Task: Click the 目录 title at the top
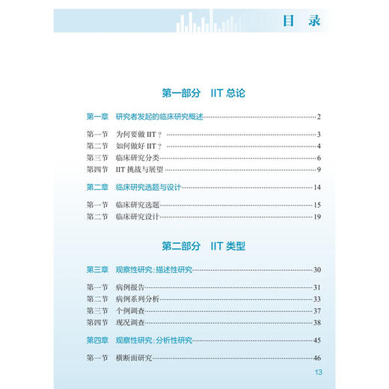[301, 20]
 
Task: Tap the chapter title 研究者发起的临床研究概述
[159, 117]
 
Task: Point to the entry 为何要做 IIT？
[140, 135]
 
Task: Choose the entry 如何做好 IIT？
[140, 146]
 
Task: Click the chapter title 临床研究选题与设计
[150, 187]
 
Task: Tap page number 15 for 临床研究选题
[316, 205]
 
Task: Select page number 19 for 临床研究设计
[316, 217]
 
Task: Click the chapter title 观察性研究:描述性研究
[154, 269]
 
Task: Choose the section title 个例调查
[129, 310]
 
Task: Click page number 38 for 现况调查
[316, 322]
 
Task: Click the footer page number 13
[318, 374]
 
